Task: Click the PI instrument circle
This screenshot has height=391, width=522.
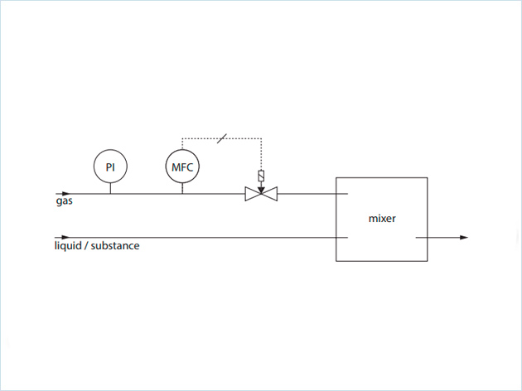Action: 109,167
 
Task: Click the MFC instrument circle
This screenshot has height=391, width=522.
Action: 182,167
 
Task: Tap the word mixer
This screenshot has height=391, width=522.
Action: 382,220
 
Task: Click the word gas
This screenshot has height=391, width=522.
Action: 64,201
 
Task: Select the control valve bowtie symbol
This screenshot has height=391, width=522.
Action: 261,195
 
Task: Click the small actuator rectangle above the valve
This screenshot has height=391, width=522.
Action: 261,176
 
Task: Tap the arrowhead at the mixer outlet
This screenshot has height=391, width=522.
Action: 463,238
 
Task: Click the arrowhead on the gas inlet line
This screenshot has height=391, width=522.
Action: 67,195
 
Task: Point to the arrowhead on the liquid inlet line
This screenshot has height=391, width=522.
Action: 67,238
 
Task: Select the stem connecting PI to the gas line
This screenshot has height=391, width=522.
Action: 109,188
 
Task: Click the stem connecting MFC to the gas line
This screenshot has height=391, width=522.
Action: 182,188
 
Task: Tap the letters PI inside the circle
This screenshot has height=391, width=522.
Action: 109,167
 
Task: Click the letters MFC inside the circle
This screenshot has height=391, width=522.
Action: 182,167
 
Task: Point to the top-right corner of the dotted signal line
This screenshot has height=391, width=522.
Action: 261,138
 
